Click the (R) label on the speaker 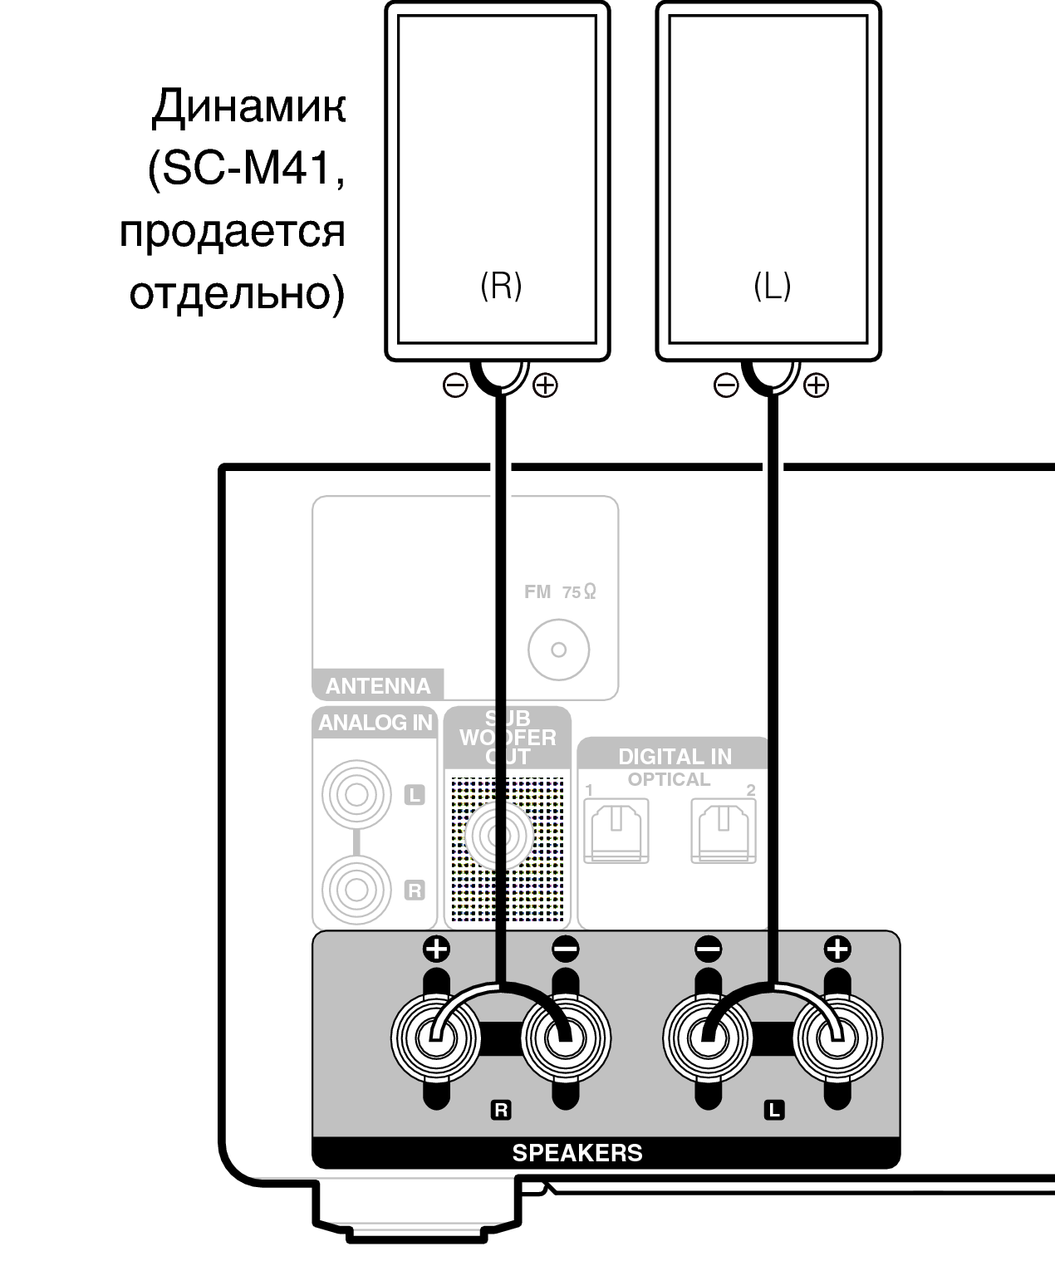point(501,286)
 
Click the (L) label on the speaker point(772,286)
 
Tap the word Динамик point(248,108)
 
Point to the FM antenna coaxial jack point(558,650)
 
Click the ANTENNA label point(378,686)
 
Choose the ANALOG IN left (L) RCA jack point(356,795)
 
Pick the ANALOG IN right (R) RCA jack point(356,890)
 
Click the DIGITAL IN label point(675,757)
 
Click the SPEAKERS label point(577,1153)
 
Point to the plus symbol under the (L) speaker point(817,385)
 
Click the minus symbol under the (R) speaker point(455,385)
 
